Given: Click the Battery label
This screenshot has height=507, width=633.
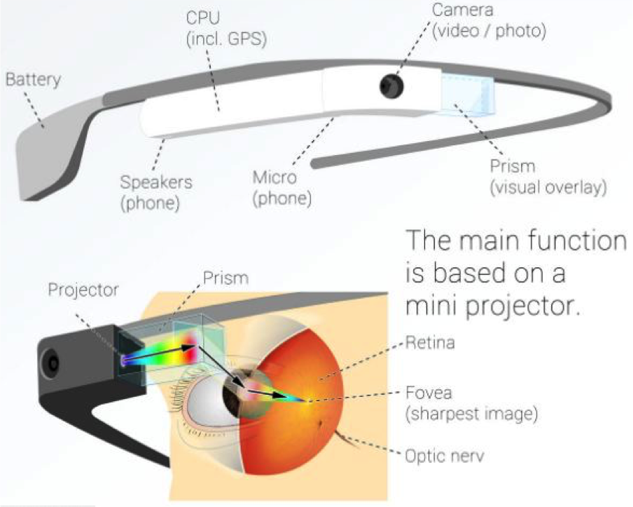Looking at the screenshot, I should tap(33, 79).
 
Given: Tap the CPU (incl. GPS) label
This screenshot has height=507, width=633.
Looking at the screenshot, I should tap(226, 29).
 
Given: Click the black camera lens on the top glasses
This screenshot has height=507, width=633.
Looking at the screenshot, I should tap(389, 86).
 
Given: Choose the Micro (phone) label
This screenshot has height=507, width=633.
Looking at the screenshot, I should tap(280, 188).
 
